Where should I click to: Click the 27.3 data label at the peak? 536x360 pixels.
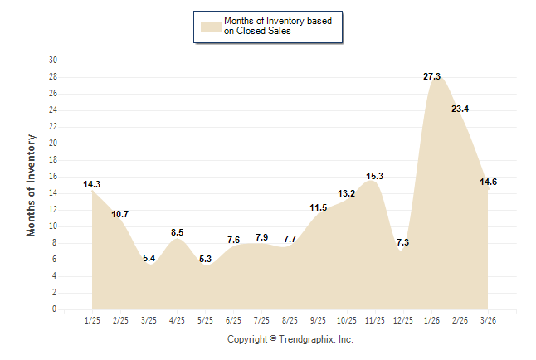pyautogui.click(x=431, y=76)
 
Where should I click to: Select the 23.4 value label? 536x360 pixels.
pyautogui.click(x=460, y=109)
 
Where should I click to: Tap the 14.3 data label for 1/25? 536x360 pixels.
pyautogui.click(x=92, y=184)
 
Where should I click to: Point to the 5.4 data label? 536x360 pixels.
pyautogui.click(x=149, y=258)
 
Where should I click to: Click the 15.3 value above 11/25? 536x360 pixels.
pyautogui.click(x=374, y=176)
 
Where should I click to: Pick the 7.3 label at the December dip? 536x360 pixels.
pyautogui.click(x=402, y=242)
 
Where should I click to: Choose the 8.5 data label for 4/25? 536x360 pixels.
pyautogui.click(x=177, y=232)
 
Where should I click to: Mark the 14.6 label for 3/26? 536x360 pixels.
pyautogui.click(x=488, y=182)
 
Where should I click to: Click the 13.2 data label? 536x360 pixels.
pyautogui.click(x=346, y=193)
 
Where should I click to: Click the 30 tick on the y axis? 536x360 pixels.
pyautogui.click(x=53, y=61)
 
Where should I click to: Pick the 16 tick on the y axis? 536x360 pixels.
pyautogui.click(x=53, y=177)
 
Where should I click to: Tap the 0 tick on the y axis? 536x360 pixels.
pyautogui.click(x=55, y=309)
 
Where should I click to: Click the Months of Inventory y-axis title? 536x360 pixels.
pyautogui.click(x=32, y=185)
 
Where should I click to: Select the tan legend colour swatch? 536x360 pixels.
pyautogui.click(x=211, y=26)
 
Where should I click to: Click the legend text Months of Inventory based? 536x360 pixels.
pyautogui.click(x=278, y=21)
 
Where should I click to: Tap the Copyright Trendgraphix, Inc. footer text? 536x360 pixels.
pyautogui.click(x=290, y=339)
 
